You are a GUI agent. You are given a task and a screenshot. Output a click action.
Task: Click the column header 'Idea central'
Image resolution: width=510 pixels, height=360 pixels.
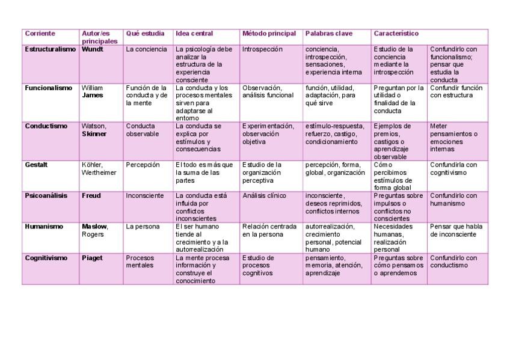point(194,34)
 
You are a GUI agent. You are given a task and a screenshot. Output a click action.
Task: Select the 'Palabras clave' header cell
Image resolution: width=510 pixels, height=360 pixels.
point(328,34)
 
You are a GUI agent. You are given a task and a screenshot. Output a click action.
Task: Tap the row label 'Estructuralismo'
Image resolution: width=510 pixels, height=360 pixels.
point(51,49)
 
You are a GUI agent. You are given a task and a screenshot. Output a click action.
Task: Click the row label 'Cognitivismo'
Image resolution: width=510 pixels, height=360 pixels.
point(46,258)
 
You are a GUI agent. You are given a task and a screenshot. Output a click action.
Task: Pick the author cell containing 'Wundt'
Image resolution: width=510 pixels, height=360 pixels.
point(92,49)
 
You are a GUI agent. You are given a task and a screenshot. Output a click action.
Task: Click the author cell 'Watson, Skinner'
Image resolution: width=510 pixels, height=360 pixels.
point(94,130)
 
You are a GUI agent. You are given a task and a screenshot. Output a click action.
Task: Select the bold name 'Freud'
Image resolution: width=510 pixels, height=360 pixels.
point(91,196)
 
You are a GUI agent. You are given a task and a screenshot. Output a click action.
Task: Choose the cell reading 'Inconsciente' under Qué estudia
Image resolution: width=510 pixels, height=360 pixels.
point(144,196)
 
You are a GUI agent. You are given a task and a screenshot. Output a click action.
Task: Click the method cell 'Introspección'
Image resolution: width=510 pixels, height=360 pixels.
point(262,49)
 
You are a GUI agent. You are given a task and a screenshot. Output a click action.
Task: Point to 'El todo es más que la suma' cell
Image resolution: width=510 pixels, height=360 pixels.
point(204,172)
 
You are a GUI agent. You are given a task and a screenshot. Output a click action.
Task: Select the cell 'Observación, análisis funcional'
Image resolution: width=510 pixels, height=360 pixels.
point(268,91)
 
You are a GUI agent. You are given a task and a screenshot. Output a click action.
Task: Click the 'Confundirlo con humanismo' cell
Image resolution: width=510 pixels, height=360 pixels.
point(454,200)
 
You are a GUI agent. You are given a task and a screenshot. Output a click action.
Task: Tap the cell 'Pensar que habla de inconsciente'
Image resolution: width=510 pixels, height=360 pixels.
point(456,230)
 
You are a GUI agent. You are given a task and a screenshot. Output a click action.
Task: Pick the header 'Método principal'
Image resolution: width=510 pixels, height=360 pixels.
point(269,34)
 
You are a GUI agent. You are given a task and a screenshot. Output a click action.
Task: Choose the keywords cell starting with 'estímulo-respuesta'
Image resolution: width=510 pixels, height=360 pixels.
point(334,134)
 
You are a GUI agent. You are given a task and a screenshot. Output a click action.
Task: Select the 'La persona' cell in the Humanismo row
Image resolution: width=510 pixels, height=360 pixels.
point(143,227)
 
